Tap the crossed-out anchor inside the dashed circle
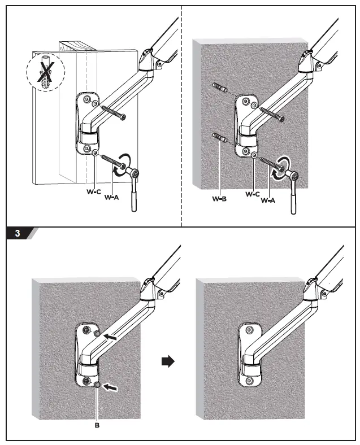46,72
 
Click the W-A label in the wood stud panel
112,198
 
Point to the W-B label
219,198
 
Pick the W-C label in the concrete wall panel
253,194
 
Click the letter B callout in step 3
98,427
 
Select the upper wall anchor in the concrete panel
220,88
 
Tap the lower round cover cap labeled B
98,385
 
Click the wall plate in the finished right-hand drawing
249,356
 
